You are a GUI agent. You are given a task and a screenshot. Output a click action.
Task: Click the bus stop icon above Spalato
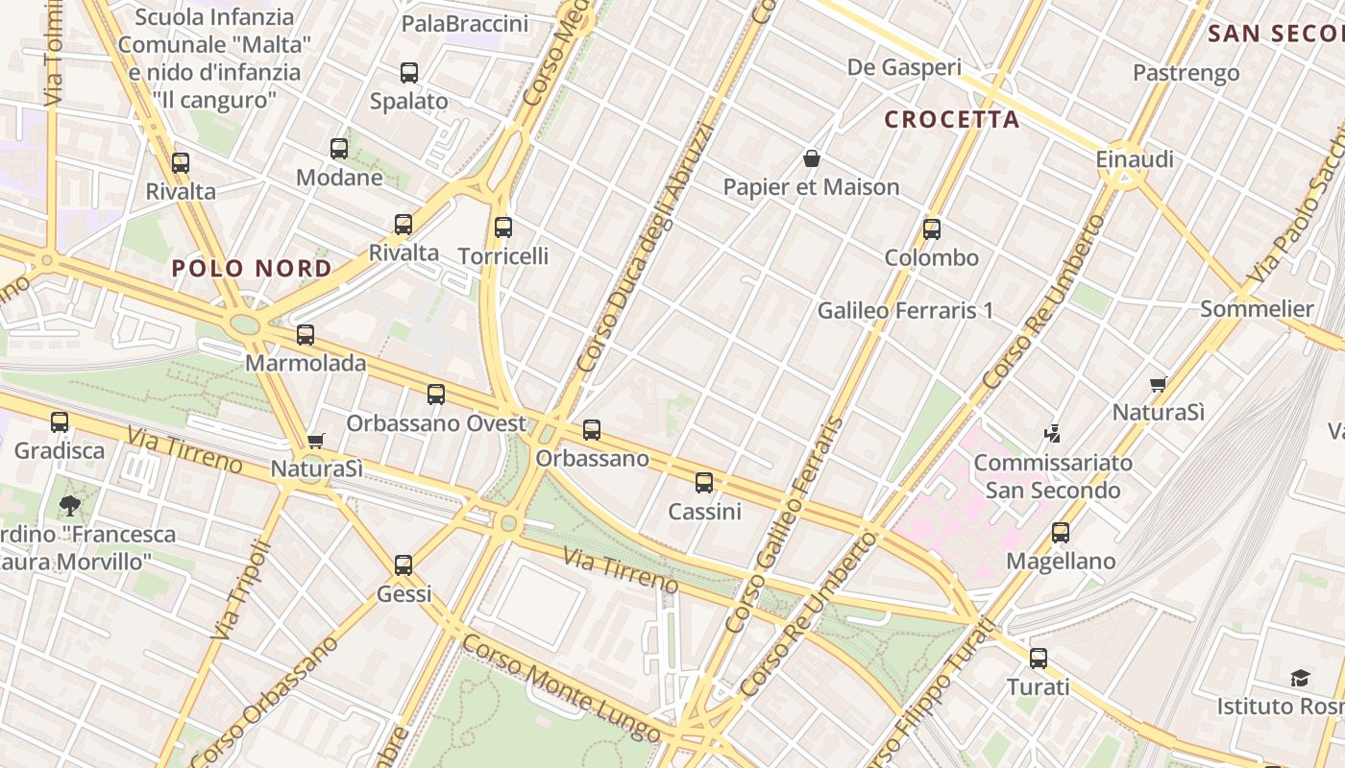click(x=409, y=73)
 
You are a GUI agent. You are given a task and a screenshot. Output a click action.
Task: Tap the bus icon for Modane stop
click(x=339, y=149)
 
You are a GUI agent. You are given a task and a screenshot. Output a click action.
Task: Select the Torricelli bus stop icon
click(x=503, y=228)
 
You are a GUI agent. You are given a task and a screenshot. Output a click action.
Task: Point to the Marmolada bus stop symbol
click(x=306, y=335)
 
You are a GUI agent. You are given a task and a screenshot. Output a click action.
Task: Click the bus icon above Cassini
click(x=704, y=483)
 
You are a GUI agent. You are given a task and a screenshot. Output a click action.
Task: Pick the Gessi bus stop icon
click(x=403, y=565)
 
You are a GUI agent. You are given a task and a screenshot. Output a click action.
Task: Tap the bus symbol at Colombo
click(x=931, y=229)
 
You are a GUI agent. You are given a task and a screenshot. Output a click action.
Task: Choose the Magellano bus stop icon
click(x=1061, y=533)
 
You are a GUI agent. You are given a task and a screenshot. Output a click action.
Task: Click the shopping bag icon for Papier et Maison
click(x=812, y=158)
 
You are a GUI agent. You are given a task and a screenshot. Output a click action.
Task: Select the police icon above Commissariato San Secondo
click(x=1053, y=434)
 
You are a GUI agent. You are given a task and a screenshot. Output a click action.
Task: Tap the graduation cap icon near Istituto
click(x=1300, y=679)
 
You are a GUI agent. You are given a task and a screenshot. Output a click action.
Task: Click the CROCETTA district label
click(x=951, y=120)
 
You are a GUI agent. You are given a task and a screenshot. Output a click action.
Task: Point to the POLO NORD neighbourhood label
click(x=252, y=269)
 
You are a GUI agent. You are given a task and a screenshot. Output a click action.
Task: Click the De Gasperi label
click(x=904, y=67)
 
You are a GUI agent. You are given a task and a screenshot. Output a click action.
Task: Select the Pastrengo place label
click(x=1186, y=73)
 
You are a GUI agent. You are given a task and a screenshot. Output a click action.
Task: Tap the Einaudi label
click(x=1135, y=159)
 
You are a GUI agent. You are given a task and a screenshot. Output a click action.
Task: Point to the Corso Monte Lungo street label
click(x=563, y=688)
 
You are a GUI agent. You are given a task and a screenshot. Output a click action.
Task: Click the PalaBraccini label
click(x=465, y=24)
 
